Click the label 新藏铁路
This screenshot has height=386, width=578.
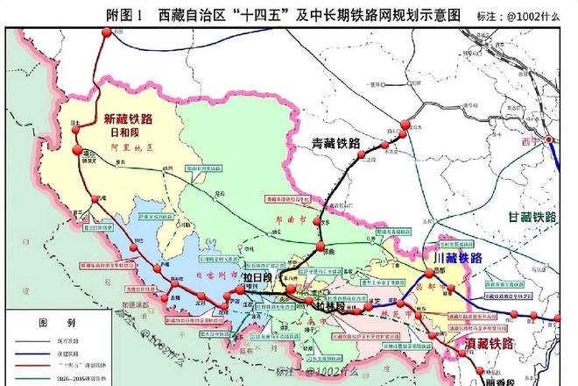(x=128, y=119)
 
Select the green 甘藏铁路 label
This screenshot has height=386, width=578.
(x=532, y=217)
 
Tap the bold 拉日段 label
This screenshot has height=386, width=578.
(x=259, y=277)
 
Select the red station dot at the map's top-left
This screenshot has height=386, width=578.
(x=107, y=32)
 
